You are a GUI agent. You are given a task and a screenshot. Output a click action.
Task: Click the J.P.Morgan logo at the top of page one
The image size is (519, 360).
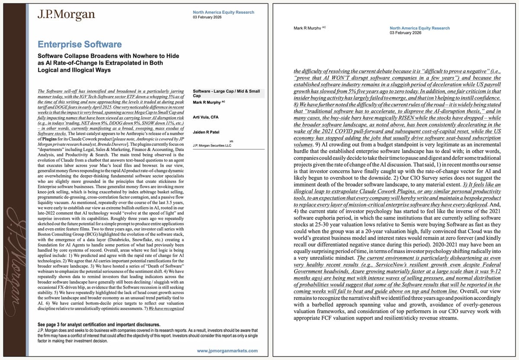click(66, 15)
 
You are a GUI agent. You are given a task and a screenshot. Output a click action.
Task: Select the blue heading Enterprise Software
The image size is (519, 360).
click(80, 44)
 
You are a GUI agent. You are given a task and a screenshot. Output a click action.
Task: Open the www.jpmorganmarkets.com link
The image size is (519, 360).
click(227, 350)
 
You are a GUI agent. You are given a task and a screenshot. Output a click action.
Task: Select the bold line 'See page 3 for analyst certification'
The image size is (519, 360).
click(99, 325)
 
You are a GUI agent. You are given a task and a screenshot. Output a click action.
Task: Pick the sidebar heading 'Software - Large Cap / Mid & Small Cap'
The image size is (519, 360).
click(226, 94)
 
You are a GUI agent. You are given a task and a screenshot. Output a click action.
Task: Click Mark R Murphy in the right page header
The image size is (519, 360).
click(307, 28)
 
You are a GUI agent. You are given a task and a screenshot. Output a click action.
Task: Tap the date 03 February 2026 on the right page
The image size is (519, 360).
click(405, 33)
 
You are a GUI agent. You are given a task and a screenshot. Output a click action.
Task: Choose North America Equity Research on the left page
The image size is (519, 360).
click(223, 13)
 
